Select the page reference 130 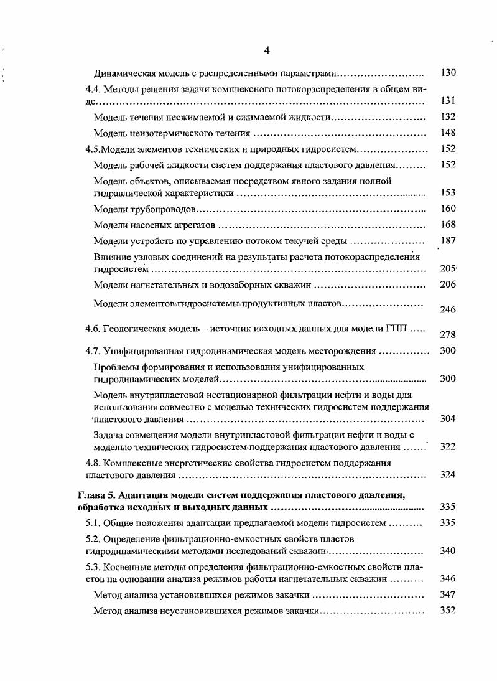pyautogui.click(x=448, y=73)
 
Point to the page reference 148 pyautogui.click(x=448, y=133)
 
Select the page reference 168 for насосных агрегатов pyautogui.click(x=448, y=225)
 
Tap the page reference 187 pyautogui.click(x=448, y=241)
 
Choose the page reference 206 pyautogui.click(x=448, y=284)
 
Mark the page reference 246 pyautogui.click(x=448, y=309)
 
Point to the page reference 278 pyautogui.click(x=448, y=334)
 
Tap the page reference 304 pyautogui.click(x=448, y=418)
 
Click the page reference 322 pyautogui.click(x=448, y=446)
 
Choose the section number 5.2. pyautogui.click(x=93, y=538)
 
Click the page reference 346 pyautogui.click(x=448, y=578)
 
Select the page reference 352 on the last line pyautogui.click(x=448, y=611)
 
